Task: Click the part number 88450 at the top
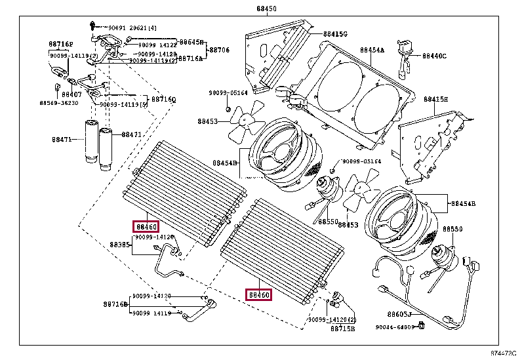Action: tap(258, 9)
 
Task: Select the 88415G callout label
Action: tap(335, 33)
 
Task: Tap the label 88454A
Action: tap(372, 50)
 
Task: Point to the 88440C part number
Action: tap(433, 56)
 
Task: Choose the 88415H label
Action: tap(435, 100)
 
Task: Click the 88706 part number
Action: tap(219, 50)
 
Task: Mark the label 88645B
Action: tap(191, 41)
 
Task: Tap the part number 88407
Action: tap(71, 94)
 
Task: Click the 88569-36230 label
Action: tap(58, 103)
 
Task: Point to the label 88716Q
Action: tap(164, 100)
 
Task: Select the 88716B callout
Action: tap(115, 304)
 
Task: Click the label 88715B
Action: tap(342, 327)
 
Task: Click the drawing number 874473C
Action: tap(502, 354)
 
